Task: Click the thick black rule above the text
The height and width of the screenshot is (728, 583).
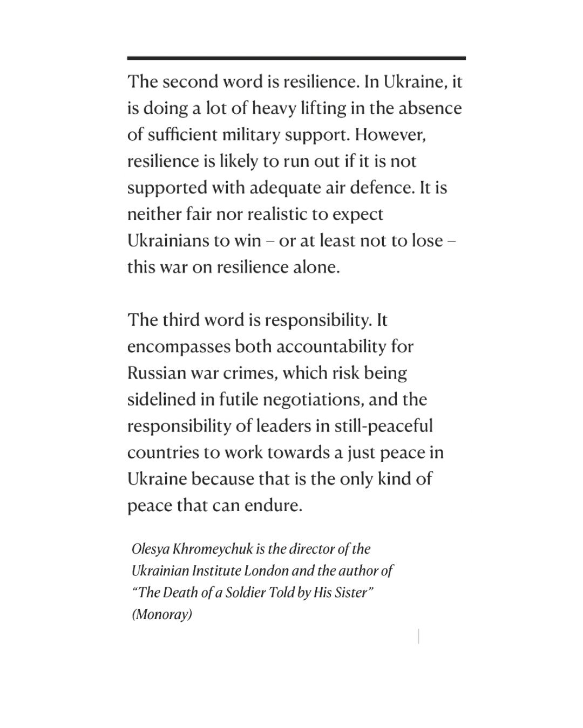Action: coord(296,58)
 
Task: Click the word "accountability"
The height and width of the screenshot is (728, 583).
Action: coord(331,346)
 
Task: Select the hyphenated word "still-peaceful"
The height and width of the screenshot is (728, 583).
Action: coord(384,426)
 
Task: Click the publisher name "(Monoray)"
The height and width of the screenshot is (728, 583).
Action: coord(162,614)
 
